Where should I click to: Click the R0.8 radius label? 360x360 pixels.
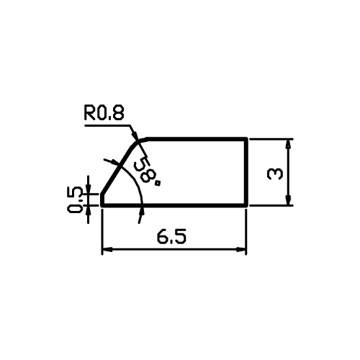(104, 113)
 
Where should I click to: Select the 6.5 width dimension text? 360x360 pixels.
(171, 237)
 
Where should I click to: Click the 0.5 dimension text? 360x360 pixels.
(75, 200)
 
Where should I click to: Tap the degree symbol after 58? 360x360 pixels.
(158, 184)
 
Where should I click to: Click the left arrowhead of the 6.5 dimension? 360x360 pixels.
(107, 250)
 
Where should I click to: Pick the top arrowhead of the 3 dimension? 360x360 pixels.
(289, 144)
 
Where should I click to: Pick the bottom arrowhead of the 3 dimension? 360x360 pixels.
(289, 200)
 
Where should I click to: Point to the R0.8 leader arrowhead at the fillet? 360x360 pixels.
(135, 135)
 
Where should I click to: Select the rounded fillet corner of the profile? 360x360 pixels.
(138, 142)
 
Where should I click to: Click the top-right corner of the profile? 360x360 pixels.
(246, 139)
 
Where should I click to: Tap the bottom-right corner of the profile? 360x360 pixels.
(246, 205)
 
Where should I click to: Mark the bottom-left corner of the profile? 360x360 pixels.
(102, 205)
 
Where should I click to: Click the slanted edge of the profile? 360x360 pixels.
(117, 169)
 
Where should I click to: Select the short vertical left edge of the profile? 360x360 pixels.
(102, 199)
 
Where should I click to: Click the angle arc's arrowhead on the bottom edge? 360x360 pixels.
(143, 211)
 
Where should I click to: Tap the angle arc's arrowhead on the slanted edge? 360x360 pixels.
(113, 163)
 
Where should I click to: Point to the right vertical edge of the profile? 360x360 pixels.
(246, 172)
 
